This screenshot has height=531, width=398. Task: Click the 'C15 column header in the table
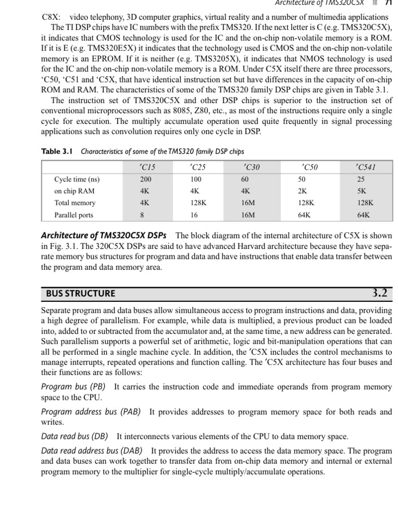[147, 167]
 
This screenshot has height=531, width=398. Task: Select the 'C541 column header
[366, 167]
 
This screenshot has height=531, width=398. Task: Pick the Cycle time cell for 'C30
[245, 179]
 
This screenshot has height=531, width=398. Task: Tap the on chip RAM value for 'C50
[302, 191]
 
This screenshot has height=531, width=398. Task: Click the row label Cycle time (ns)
[77, 179]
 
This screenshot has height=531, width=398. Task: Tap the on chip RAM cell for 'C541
[361, 191]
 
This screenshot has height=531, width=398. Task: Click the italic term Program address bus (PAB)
[91, 412]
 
